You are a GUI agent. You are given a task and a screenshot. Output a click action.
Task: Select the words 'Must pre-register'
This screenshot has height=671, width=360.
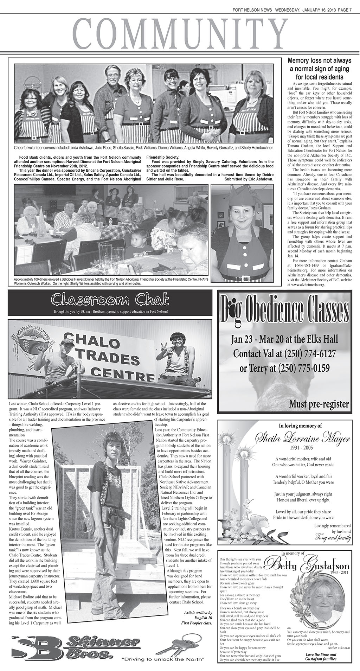click(x=319, y=403)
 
